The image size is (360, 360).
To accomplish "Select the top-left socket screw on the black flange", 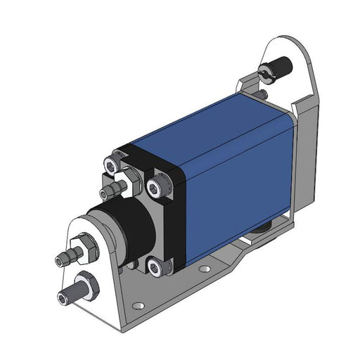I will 112,165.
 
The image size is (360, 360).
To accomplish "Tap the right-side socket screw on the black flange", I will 156,186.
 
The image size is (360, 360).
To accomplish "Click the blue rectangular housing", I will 232,169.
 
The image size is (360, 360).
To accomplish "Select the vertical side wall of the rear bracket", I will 304,155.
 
